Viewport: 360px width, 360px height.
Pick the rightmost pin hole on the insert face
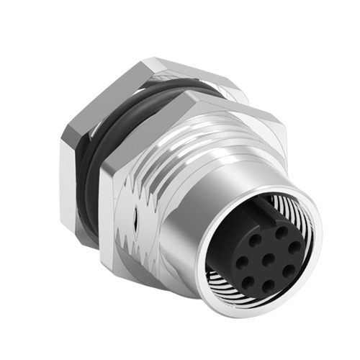pos(293,247)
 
